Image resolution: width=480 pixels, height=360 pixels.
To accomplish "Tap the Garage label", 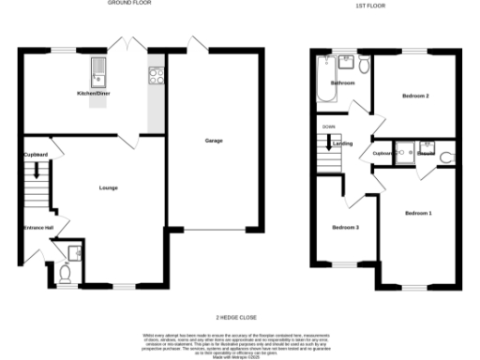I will click(x=214, y=141).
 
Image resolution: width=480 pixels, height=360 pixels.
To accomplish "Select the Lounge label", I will click(x=108, y=188).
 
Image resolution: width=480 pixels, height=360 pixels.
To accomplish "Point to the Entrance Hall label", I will click(x=38, y=228).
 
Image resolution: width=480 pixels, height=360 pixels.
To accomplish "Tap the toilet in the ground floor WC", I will click(x=65, y=273).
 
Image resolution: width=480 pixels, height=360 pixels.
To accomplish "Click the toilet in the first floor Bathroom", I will click(x=363, y=63).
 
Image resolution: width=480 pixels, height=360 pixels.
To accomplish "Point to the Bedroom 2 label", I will click(x=415, y=96).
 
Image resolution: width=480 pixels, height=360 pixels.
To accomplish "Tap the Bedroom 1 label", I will click(x=418, y=214).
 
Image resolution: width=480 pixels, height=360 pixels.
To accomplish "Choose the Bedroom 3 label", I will click(x=345, y=227).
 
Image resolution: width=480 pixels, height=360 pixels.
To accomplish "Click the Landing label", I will click(x=342, y=143).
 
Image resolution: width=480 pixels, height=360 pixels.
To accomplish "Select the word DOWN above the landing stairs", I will click(x=327, y=126).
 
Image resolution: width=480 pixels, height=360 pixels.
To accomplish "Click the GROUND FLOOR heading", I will click(x=130, y=4).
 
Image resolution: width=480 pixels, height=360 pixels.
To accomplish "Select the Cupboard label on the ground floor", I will click(x=37, y=154).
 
